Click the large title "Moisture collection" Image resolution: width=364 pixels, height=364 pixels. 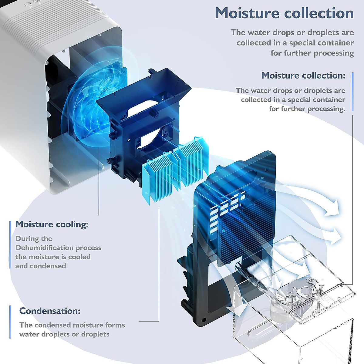[x=284, y=13]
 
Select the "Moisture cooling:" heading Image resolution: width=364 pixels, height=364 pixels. [x=52, y=224]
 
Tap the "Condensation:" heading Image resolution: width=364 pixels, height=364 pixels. [x=50, y=311]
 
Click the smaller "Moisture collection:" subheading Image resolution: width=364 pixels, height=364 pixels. [x=303, y=76]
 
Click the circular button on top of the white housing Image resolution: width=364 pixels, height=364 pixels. [x=28, y=5]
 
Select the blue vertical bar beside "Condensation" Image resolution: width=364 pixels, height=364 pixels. [x=10, y=322]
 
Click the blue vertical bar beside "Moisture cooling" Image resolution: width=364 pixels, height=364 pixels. [x=10, y=244]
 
